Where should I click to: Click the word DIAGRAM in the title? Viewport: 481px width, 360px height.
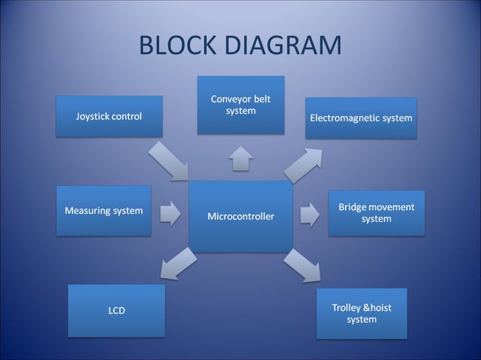pos(279,46)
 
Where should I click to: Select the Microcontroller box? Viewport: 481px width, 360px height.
pos(240,216)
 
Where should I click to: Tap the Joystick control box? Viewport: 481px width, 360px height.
pos(109,117)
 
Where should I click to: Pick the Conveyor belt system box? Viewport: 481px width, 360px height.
pos(240,105)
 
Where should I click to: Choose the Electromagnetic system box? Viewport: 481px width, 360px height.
pos(360,118)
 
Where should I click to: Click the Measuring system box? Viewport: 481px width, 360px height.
pos(103,211)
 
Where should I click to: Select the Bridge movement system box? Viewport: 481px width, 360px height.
pos(375,213)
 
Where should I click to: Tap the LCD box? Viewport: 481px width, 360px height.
pos(116,310)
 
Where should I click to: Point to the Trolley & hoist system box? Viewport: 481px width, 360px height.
pos(361,313)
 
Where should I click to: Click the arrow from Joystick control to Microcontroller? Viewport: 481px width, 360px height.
pos(168,159)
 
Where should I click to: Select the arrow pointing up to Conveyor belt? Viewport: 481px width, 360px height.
pos(240,157)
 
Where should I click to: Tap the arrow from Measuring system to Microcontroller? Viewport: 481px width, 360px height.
pos(170,213)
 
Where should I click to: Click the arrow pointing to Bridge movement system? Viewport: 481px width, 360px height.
pos(309,214)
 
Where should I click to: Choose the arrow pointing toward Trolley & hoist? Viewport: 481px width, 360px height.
pos(302,265)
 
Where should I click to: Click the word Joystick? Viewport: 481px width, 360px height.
pos(92,117)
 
